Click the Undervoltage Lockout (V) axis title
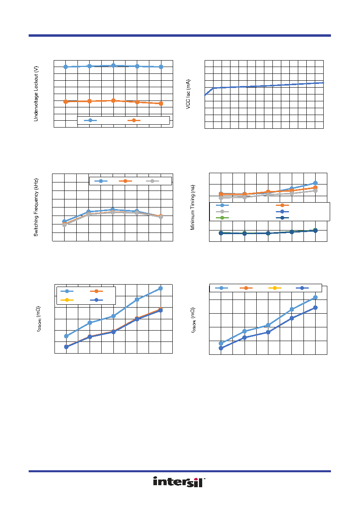[x=36, y=94]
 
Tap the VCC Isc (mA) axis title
[x=188, y=94]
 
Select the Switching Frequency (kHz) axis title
[x=36, y=207]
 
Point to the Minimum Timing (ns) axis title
[x=193, y=207]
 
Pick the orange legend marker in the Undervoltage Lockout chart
[x=134, y=120]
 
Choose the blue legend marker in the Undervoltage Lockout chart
[x=90, y=120]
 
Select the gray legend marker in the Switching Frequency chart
[x=152, y=181]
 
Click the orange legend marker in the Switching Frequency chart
[x=125, y=181]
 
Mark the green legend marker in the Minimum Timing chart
[x=222, y=218]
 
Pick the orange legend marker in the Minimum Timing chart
[x=283, y=205]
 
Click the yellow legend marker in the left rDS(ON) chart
[x=67, y=300]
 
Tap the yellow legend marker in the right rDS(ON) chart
[x=274, y=288]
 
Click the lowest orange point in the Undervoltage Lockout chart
[x=161, y=103]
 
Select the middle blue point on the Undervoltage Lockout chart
[x=113, y=65]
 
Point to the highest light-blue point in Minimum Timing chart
[x=315, y=183]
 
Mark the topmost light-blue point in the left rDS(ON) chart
[x=160, y=288]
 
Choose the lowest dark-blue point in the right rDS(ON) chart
[x=221, y=348]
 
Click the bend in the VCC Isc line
[x=213, y=88]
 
